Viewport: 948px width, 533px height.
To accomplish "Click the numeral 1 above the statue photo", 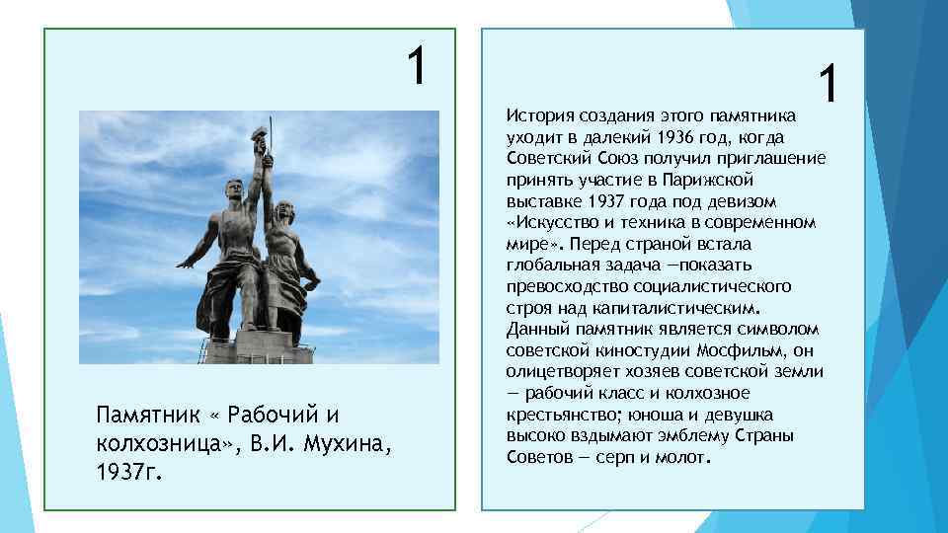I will point(419,65).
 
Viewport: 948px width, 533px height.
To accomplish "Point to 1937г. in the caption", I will point(128,472).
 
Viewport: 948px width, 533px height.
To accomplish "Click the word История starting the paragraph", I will point(537,116).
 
